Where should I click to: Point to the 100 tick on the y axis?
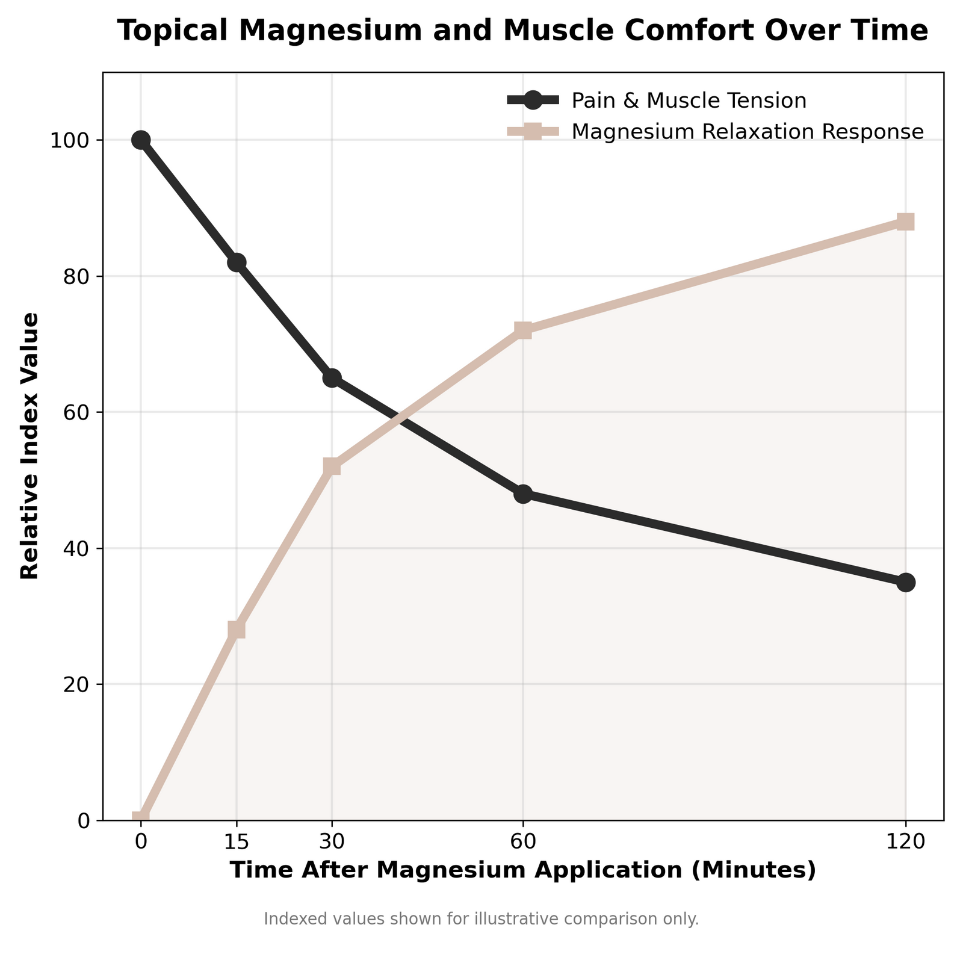coord(76,140)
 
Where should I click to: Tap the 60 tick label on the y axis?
coord(81,412)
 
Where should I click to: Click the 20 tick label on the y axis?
coord(81,684)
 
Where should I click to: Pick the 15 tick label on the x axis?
coord(236,841)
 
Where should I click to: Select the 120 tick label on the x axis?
coord(905,841)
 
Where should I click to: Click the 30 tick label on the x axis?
coord(332,841)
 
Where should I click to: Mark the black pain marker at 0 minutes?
coord(141,140)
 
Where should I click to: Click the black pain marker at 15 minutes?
coord(237,262)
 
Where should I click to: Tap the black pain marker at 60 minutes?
coord(523,494)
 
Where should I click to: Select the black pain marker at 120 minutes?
coord(905,583)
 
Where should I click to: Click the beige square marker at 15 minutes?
coord(237,630)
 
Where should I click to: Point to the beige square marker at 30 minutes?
coord(332,466)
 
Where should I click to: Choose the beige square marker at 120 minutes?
coord(905,222)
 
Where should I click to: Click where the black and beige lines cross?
coord(397,414)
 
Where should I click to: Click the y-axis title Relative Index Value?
coord(30,446)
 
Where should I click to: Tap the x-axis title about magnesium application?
coord(522,871)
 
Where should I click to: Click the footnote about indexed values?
coord(482,919)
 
